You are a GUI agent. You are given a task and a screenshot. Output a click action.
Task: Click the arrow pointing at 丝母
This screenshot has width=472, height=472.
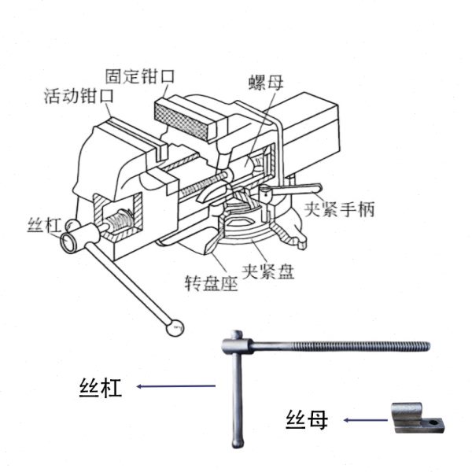[x=365, y=420]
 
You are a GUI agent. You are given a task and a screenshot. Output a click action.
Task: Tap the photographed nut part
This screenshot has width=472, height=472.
[x=415, y=418]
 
